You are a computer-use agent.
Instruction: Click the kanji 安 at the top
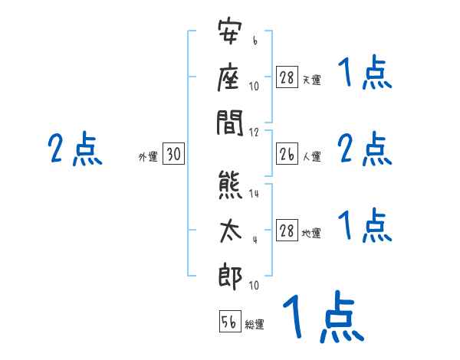[x=230, y=31]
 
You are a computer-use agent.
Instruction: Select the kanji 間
[x=230, y=123]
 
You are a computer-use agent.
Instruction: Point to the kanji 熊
[x=230, y=185]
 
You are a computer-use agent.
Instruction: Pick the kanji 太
[x=231, y=231]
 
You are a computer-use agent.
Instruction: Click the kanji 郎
[x=230, y=278]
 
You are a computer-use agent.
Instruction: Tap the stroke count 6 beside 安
[x=255, y=41]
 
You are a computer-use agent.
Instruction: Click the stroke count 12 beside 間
[x=254, y=133]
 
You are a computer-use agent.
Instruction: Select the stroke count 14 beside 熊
[x=254, y=194]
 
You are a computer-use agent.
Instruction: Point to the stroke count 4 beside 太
[x=255, y=240]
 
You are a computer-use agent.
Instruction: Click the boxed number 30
[x=173, y=154]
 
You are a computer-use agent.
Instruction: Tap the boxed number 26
[x=287, y=154]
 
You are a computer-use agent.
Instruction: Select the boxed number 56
[x=230, y=321]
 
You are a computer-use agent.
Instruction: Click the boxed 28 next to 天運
[x=287, y=77]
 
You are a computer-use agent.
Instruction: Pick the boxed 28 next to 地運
[x=287, y=230]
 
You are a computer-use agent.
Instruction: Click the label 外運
[x=148, y=157]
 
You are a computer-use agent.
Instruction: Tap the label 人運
[x=312, y=157]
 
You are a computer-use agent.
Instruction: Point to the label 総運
[x=255, y=325]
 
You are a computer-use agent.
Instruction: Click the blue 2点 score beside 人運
[x=364, y=149]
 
